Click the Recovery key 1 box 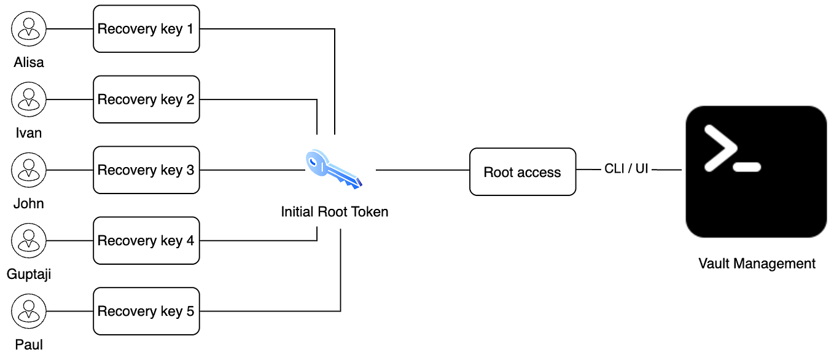point(146,29)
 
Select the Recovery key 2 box point(146,100)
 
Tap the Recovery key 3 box point(146,170)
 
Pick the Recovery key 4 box point(146,241)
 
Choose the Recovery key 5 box point(146,311)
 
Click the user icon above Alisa point(29,29)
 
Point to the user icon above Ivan point(29,100)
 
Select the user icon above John point(29,170)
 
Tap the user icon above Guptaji point(29,241)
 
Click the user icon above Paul point(29,311)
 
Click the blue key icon point(333,169)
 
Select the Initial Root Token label point(334,212)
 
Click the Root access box point(523,172)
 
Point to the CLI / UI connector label point(626,169)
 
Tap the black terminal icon point(756,171)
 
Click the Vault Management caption point(757,264)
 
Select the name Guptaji point(29,274)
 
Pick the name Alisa point(29,62)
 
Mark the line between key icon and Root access point(423,170)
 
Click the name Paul point(29,344)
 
